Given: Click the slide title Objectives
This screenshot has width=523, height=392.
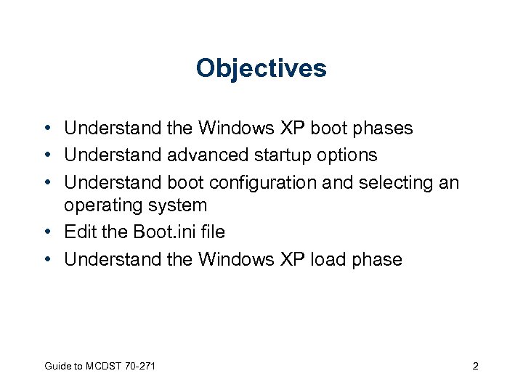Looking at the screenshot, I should point(261,69).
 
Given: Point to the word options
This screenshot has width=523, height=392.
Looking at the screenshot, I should point(346,155).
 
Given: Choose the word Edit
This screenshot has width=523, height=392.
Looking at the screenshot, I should point(80,232).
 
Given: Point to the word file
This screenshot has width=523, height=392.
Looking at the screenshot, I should point(211,232).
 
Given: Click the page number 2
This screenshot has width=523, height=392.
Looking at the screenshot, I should point(475,367).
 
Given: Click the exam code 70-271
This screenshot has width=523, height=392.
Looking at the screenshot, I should point(141,367).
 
